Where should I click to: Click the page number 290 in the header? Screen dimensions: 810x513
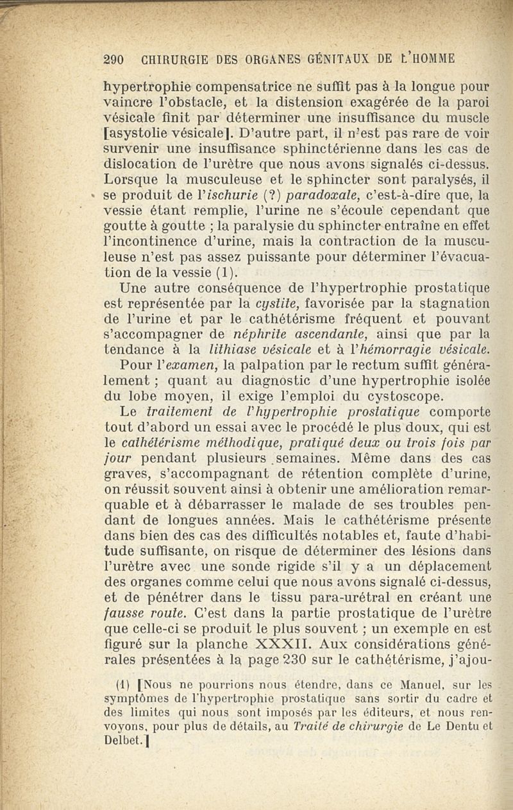113,59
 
